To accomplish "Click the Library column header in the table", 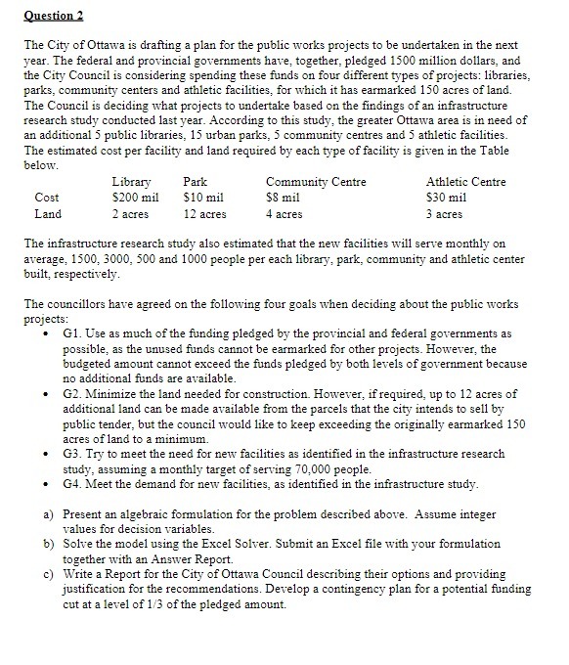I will [x=131, y=182].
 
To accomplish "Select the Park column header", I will [x=196, y=182].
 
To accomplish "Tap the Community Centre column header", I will [x=316, y=182].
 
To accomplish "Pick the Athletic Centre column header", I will [x=465, y=182].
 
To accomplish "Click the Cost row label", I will [x=47, y=198].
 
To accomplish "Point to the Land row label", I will [x=47, y=213].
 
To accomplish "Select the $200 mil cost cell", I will [x=135, y=198].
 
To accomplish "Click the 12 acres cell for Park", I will [x=204, y=213].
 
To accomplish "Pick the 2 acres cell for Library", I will [x=131, y=213].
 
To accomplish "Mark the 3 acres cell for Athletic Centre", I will [x=445, y=213].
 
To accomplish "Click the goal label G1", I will [x=70, y=333].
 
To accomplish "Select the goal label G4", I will [x=70, y=484].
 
